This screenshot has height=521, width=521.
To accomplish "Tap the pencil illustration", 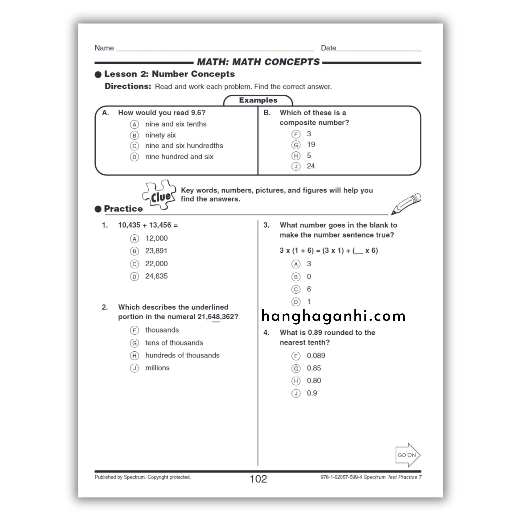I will coord(406,204).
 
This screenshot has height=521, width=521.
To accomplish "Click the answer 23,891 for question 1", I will coord(156,251).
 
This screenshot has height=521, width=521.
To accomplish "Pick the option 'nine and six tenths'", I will coord(176,124).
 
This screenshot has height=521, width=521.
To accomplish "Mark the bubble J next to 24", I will coord(296,166).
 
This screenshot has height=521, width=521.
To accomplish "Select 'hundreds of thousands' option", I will coord(182,355).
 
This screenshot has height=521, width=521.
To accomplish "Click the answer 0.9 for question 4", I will coord(312,393).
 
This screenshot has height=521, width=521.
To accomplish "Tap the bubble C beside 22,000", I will coord(134,264).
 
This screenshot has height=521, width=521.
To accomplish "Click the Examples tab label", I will coord(258,100).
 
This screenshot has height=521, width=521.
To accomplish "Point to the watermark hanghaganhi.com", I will coord(333,316).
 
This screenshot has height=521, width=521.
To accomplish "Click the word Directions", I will coord(128,86).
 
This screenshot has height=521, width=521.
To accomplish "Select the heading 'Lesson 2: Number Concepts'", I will coord(169,74).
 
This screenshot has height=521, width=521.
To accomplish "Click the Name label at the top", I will coord(104,48).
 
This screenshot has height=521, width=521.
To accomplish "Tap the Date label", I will coord(328,48).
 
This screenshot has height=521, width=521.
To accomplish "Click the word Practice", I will coord(123,209).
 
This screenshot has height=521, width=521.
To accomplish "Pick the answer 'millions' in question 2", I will coord(157,368).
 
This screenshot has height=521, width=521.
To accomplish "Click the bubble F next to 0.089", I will coord(296,356).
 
